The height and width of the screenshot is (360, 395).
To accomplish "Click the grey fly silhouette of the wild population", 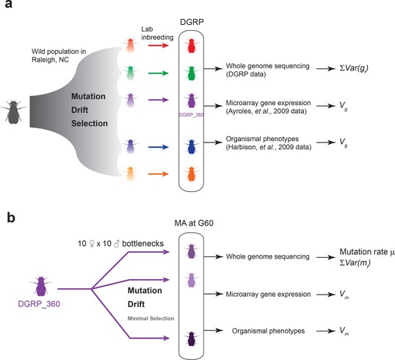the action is point(14,112).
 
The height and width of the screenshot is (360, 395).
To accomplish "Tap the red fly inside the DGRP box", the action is point(191,46).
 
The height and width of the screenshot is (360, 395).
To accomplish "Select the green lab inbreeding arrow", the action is point(158,73).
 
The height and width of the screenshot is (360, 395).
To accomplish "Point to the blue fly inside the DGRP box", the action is point(191,147).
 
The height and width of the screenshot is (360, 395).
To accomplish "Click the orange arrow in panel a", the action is point(158,174).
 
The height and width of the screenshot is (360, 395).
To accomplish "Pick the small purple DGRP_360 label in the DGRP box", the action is point(191,115).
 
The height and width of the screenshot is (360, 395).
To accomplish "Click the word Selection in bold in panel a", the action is point(90,123).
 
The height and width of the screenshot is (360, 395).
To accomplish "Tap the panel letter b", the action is point(11,217).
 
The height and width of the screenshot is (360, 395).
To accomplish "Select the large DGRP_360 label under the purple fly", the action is point(39,303).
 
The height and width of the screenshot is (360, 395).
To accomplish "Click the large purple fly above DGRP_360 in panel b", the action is point(41,286).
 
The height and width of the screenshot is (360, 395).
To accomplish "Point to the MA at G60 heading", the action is point(194,223).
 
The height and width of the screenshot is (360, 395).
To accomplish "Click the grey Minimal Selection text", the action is point(151,318).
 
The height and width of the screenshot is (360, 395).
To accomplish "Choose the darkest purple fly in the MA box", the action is point(191,338).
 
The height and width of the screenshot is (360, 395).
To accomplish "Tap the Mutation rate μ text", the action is point(367,252).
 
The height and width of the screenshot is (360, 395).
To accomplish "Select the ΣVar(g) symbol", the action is point(354,68).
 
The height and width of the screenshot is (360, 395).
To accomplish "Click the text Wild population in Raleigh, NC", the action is point(59,55).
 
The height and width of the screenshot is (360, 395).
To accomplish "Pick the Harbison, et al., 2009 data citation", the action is point(268,147).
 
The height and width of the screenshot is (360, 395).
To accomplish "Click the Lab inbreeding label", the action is point(157,33).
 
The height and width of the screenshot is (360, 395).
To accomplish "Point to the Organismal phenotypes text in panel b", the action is point(268,331).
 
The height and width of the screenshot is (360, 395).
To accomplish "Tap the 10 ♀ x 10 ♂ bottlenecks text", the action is point(120,243).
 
